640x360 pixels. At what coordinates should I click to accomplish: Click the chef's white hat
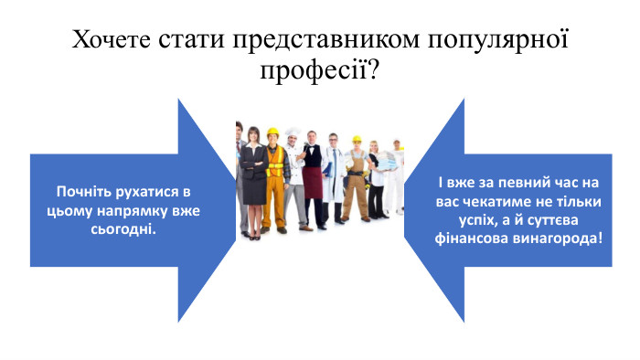pyautogui.click(x=293, y=132)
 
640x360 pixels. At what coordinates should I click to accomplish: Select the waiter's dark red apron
pyautogui.click(x=313, y=183)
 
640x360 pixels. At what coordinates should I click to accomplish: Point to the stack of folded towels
pyautogui.click(x=387, y=165)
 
